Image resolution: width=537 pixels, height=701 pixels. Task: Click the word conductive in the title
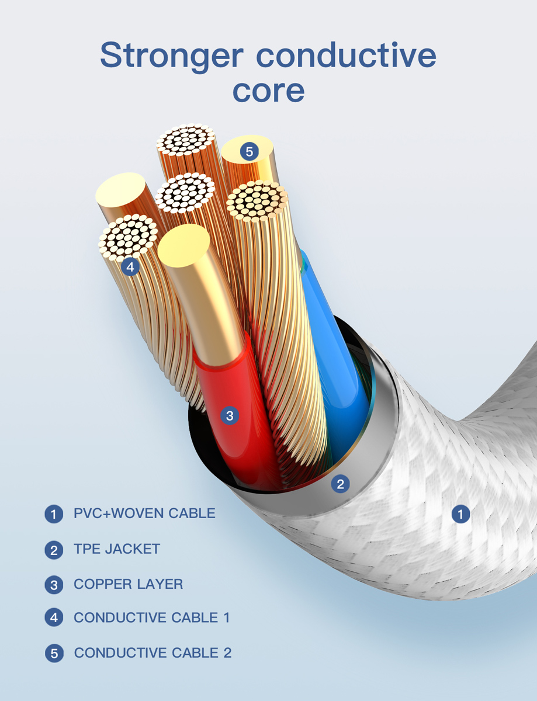[x=346, y=55]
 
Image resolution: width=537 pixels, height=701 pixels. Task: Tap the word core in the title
[x=268, y=91]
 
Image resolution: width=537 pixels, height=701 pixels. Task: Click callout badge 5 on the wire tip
[x=249, y=152]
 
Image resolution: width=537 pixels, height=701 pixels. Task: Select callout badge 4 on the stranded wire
[x=130, y=267]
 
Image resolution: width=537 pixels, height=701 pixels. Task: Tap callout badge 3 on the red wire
[x=230, y=415]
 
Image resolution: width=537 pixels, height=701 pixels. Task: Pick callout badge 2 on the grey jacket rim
[x=340, y=483]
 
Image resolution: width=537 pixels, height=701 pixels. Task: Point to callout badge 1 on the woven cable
[x=461, y=514]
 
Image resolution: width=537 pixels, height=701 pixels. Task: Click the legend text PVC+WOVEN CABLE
[x=144, y=513]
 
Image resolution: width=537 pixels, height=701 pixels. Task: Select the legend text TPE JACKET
[x=117, y=549]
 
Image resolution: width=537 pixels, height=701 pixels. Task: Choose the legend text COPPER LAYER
[x=128, y=584]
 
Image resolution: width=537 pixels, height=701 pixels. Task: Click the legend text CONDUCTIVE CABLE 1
[x=152, y=617]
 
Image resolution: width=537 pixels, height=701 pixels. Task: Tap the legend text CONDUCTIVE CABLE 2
[x=153, y=653]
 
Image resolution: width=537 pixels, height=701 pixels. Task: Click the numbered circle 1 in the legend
[x=54, y=515]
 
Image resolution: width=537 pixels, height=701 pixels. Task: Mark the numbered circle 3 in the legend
[x=54, y=585]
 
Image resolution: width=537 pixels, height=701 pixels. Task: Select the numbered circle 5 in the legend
[x=54, y=653]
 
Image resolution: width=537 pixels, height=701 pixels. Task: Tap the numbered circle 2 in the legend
[x=54, y=550]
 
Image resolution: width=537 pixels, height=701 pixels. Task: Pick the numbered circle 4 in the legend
[x=54, y=618]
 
